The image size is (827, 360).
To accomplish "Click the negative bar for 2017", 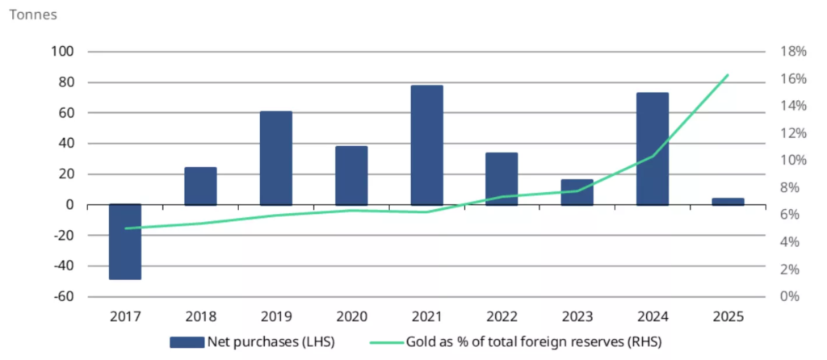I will tap(125, 241).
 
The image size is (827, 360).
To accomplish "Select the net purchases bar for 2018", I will tap(200, 186).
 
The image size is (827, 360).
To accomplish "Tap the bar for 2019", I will tap(275, 158).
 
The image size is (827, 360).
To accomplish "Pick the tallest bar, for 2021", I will tap(426, 145).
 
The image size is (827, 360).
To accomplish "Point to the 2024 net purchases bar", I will tap(653, 149).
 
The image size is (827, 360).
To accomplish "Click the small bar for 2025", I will tap(728, 201).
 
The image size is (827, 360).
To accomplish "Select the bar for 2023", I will tap(577, 192).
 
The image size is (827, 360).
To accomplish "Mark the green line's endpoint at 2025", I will tap(728, 75).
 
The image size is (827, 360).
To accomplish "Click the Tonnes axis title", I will tap(31, 15).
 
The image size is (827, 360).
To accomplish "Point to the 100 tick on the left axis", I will tap(63, 52).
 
